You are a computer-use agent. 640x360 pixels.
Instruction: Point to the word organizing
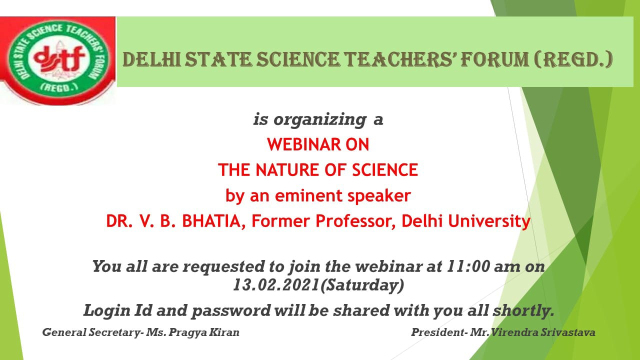[x=320, y=119]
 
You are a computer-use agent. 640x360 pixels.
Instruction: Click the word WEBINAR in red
[x=304, y=144]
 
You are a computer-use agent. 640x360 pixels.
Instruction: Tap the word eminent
[x=308, y=195]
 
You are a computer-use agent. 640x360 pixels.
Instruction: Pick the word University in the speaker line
[x=489, y=221]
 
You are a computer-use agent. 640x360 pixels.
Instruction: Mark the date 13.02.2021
[x=276, y=284]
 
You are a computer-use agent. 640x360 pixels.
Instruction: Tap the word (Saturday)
[x=362, y=285]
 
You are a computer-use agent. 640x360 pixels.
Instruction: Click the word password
[x=231, y=311]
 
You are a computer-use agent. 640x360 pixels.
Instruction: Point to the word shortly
[x=523, y=310]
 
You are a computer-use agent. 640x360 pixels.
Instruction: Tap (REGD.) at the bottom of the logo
[x=59, y=87]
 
